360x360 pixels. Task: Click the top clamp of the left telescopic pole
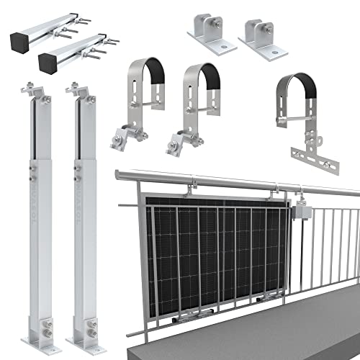34,94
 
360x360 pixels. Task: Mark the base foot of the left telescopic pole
36,330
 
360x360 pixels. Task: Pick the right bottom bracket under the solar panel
267,299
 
